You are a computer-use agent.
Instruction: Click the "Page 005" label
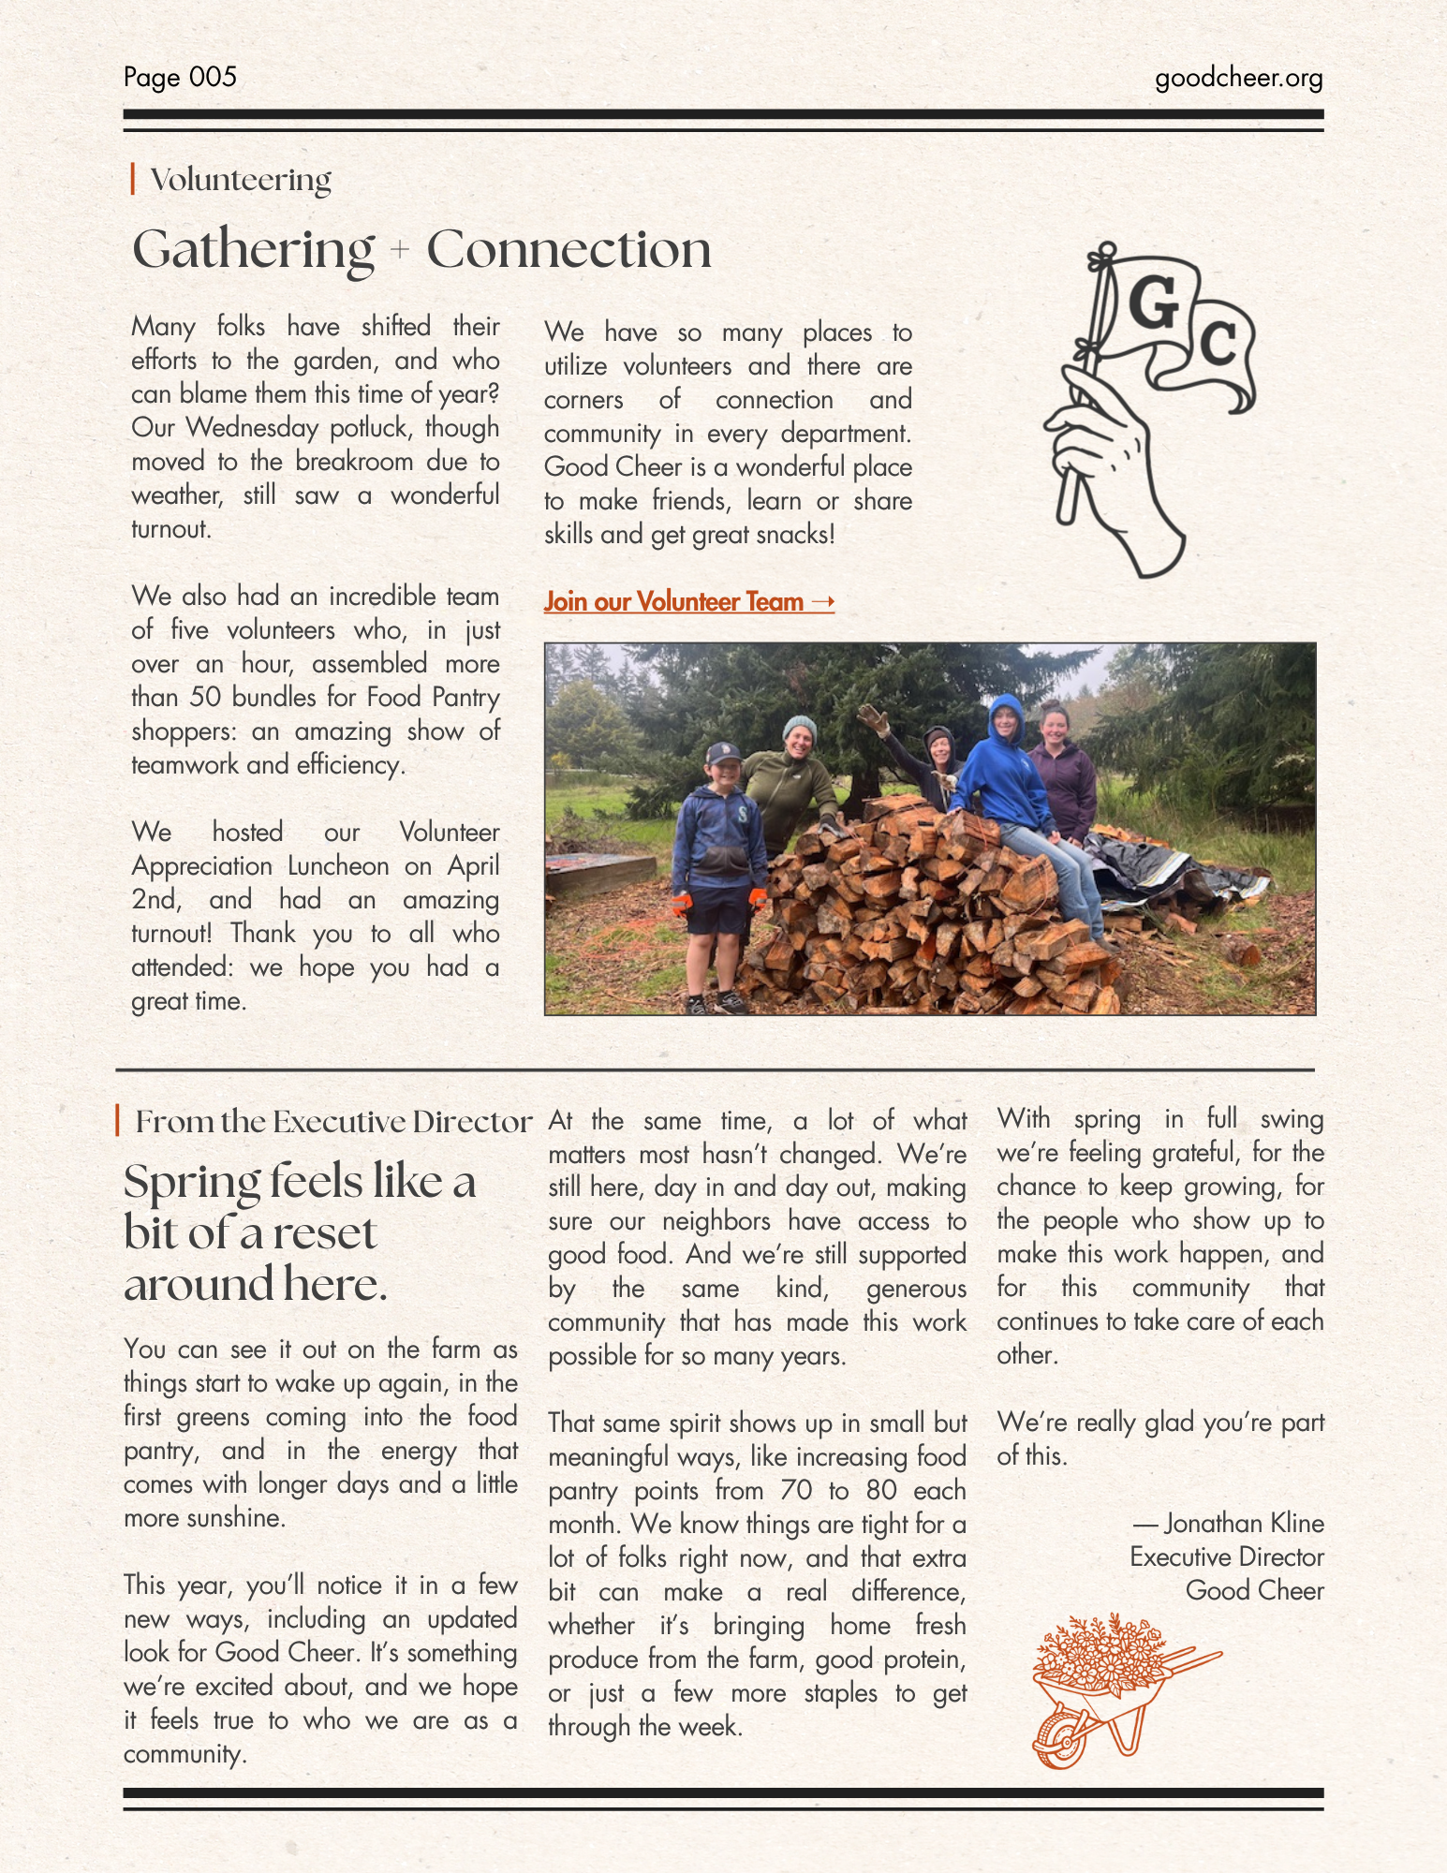tap(180, 77)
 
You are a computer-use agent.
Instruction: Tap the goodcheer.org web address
tap(1238, 78)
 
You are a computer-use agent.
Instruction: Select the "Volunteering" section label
tap(241, 180)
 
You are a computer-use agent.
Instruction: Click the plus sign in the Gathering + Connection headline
tap(400, 250)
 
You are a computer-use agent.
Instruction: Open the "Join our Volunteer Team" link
tap(688, 601)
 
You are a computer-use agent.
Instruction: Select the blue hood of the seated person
tap(1006, 712)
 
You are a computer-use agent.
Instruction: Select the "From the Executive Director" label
tap(332, 1122)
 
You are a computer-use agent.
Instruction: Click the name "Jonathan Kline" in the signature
tap(1244, 1524)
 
